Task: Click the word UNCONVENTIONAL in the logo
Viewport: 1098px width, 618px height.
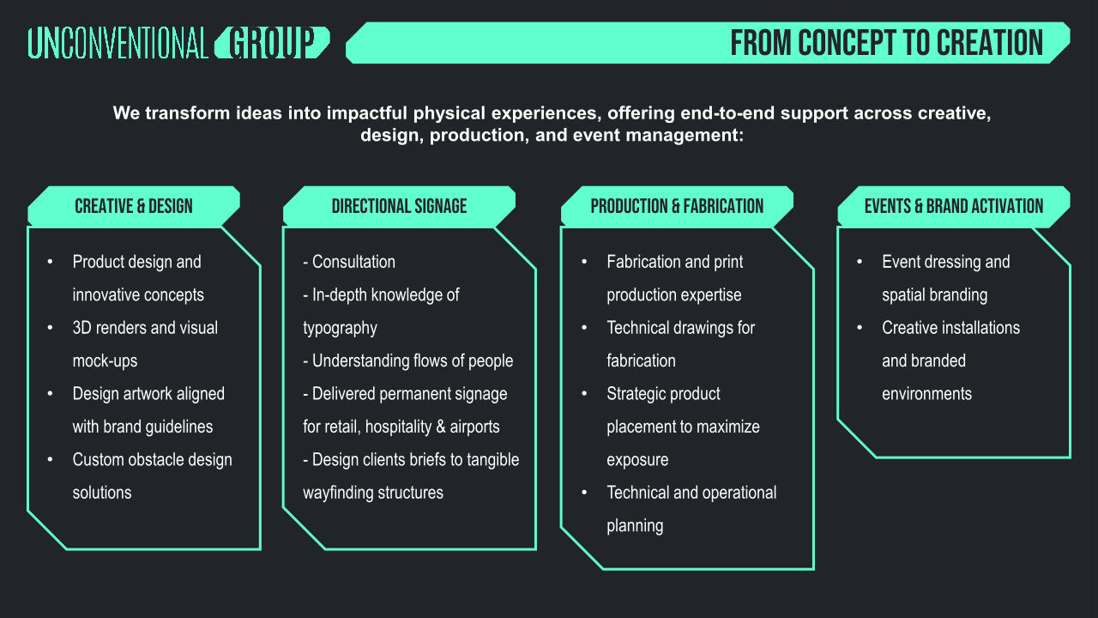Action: [x=118, y=43]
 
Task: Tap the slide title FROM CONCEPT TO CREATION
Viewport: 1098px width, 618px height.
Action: [x=886, y=43]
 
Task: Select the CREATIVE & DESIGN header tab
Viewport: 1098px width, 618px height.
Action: [x=134, y=206]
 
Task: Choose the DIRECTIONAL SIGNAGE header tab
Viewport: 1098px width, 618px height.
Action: [x=399, y=206]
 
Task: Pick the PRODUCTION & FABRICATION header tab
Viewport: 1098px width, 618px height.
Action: [x=677, y=206]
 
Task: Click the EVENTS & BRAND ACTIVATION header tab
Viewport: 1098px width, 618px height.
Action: [x=953, y=206]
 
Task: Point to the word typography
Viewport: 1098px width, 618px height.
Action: [x=340, y=328]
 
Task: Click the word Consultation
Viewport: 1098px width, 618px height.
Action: [x=353, y=262]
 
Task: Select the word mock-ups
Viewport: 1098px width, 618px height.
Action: [x=105, y=360]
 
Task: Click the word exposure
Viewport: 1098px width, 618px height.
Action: [x=637, y=459]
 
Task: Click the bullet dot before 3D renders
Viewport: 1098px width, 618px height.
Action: [x=51, y=328]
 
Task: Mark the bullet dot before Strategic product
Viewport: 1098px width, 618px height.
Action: [x=585, y=394]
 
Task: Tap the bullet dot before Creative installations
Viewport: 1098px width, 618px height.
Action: [x=860, y=328]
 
